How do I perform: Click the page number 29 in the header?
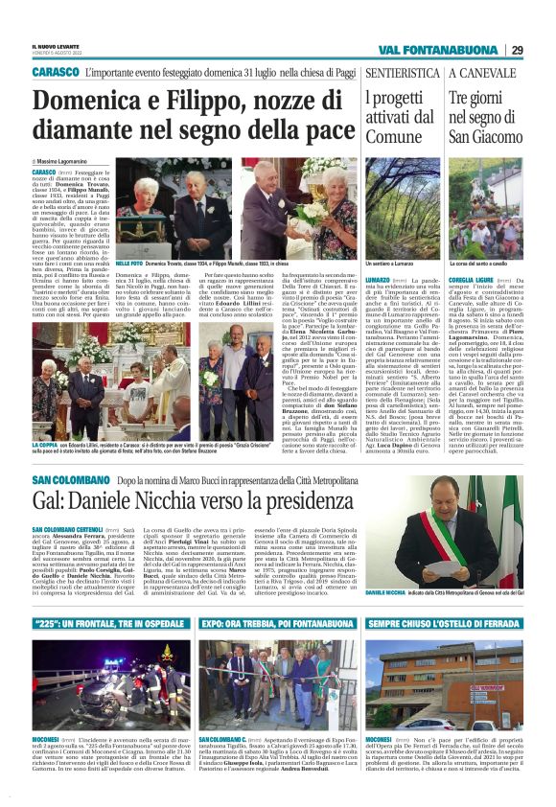517,50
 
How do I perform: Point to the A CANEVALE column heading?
482,72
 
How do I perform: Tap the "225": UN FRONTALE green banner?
107,623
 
